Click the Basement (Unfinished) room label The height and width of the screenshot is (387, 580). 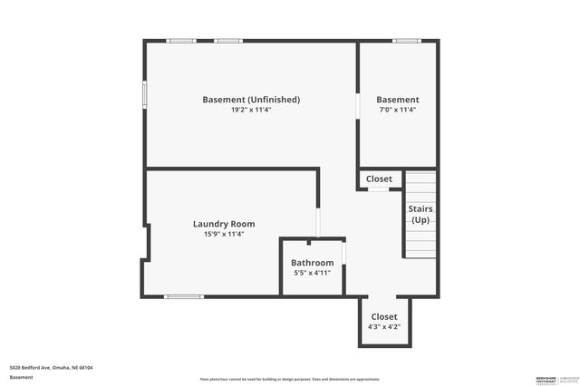point(251,100)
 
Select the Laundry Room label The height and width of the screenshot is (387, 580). point(224,224)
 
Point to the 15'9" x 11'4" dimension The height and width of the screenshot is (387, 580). point(224,234)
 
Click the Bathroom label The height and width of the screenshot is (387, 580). point(313,263)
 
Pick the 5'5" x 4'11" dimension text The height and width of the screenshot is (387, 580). point(313,273)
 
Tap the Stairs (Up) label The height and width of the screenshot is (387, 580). point(420,215)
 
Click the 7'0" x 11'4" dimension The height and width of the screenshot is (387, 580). point(398,110)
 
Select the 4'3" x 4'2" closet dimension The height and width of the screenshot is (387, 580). point(384,327)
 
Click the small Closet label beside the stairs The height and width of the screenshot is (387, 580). point(380,179)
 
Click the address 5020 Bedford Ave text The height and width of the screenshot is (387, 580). point(52,368)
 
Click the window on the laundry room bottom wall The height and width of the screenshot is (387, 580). point(183,296)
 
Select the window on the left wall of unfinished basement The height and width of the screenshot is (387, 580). point(144,95)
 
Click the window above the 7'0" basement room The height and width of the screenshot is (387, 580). point(406,41)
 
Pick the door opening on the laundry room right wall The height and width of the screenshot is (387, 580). point(318,222)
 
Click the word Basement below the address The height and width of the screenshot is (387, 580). point(22,378)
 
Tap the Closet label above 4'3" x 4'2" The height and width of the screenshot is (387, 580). point(384,316)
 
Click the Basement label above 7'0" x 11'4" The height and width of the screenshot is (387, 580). point(398,100)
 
